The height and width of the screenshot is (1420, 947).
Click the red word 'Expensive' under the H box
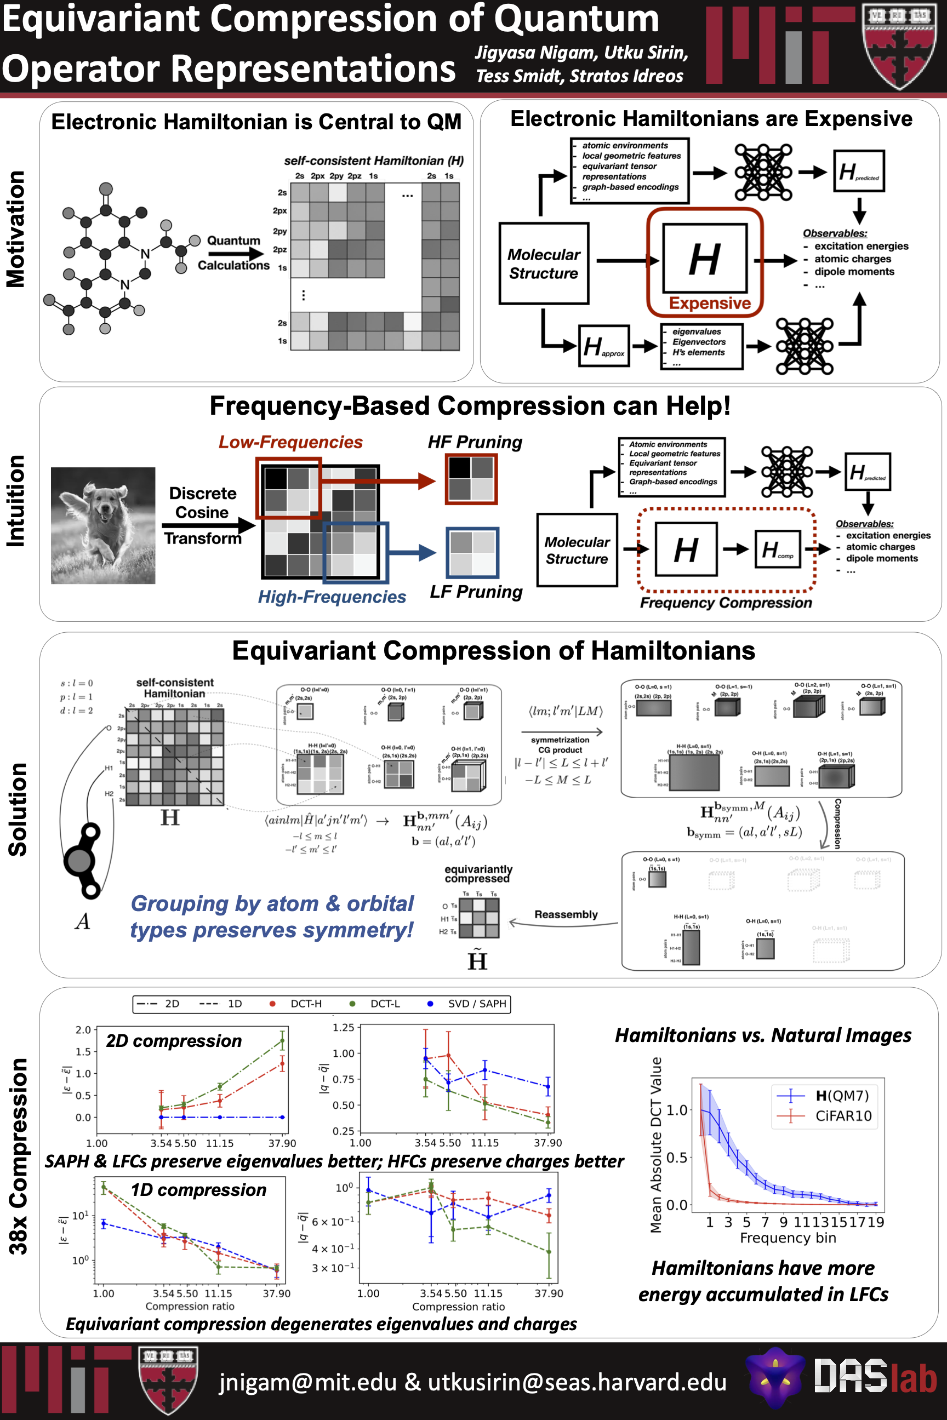710,303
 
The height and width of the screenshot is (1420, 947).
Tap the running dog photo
102,525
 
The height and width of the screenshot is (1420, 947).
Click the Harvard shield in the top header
900,45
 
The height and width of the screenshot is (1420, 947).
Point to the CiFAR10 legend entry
843,1116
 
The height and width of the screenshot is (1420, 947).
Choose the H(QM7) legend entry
842,1095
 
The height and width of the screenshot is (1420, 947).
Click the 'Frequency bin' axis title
788,1238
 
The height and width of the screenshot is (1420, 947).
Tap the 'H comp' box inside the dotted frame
777,549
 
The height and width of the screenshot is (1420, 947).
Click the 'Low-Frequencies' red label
290,442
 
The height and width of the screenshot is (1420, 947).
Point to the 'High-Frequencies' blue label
332,597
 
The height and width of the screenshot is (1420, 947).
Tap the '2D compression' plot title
174,1041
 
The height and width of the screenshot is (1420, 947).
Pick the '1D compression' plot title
199,1189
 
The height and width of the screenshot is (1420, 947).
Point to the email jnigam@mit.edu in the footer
307,1382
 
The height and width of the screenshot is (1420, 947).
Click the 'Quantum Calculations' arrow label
233,253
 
